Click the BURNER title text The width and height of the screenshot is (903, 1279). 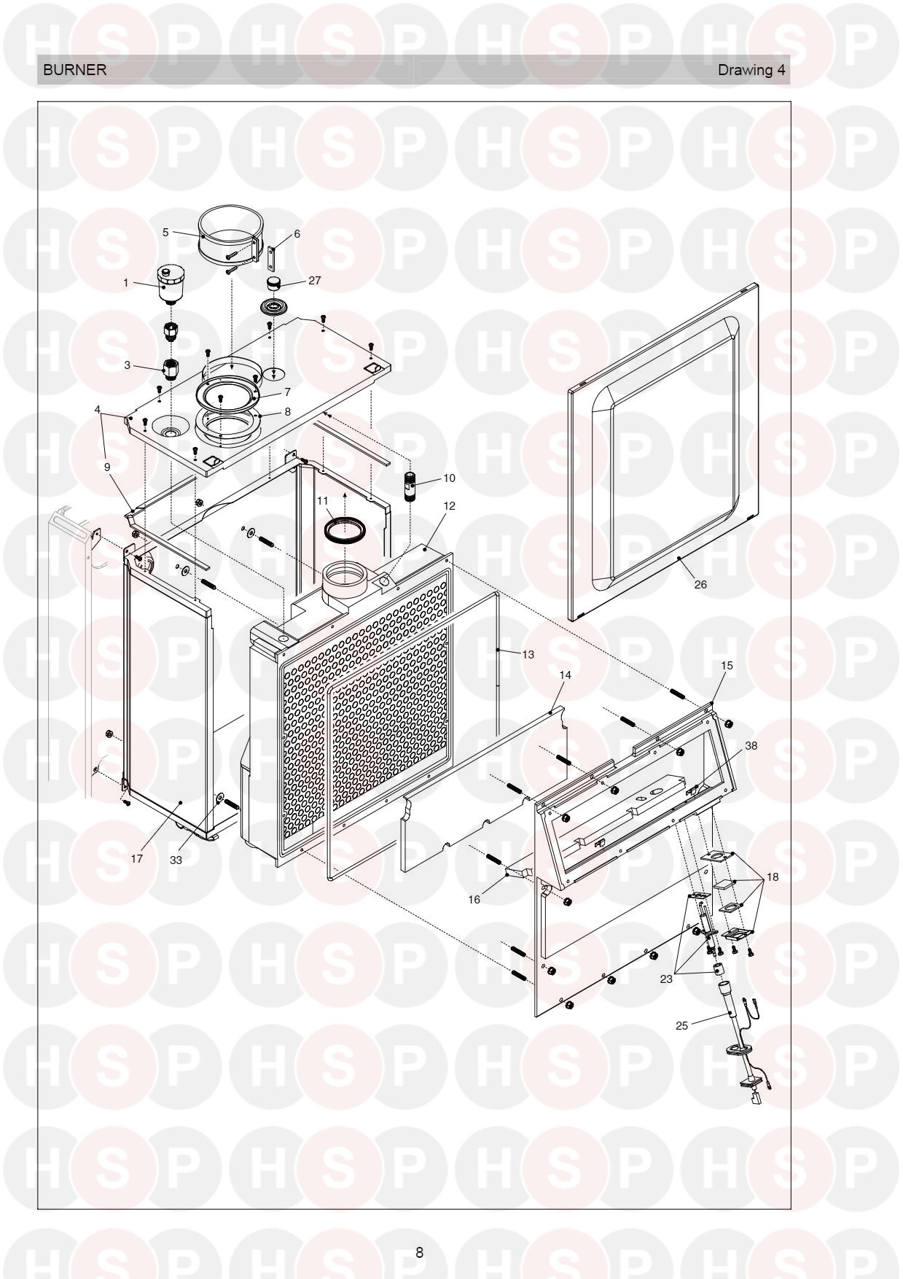pos(75,70)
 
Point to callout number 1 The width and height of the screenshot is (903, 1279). pos(125,283)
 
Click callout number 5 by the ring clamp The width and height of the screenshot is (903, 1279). pos(165,232)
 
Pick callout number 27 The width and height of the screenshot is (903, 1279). pos(314,280)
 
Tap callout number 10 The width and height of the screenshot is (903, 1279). pos(449,478)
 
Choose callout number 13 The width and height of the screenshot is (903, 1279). pos(528,654)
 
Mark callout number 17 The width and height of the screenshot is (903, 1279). pos(137,858)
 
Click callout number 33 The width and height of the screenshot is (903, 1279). pos(176,860)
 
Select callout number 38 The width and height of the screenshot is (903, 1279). pos(751,746)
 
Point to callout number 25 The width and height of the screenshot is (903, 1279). pos(681,1025)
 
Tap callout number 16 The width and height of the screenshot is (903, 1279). pos(474,900)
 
